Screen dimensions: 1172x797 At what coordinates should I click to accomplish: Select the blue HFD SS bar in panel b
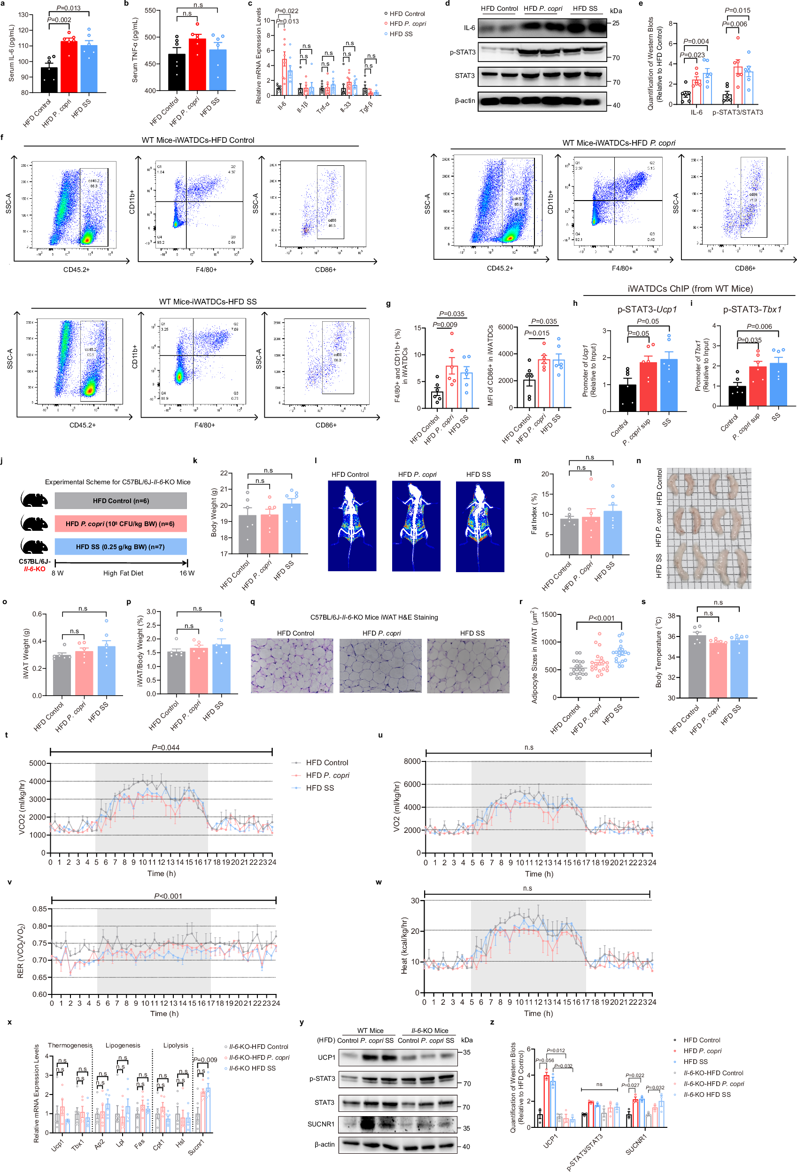click(x=217, y=70)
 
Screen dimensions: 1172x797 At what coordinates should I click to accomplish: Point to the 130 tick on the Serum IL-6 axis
click(x=23, y=15)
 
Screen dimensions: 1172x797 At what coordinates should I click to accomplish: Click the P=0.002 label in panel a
click(x=59, y=20)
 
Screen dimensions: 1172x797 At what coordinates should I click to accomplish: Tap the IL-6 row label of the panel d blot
click(x=469, y=28)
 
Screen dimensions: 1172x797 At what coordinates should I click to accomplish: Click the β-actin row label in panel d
click(x=464, y=101)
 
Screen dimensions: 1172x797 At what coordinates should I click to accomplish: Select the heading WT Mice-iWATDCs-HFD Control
click(x=198, y=140)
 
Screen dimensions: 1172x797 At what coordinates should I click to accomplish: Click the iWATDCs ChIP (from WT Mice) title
click(x=689, y=288)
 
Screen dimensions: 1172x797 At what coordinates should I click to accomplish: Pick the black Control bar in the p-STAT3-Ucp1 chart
click(x=627, y=398)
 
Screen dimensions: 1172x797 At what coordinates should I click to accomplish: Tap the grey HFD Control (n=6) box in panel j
click(x=121, y=501)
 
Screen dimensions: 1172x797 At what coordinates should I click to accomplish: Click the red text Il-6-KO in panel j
click(x=34, y=569)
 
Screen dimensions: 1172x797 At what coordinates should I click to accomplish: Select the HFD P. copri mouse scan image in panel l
click(x=416, y=526)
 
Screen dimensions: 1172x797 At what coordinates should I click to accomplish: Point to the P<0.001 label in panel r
click(x=602, y=618)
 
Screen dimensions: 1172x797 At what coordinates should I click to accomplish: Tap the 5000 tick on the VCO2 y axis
click(x=37, y=763)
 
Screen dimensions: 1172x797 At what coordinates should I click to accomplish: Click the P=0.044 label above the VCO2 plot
click(x=165, y=747)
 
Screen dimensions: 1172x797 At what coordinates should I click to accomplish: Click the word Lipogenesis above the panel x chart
click(x=123, y=1046)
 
